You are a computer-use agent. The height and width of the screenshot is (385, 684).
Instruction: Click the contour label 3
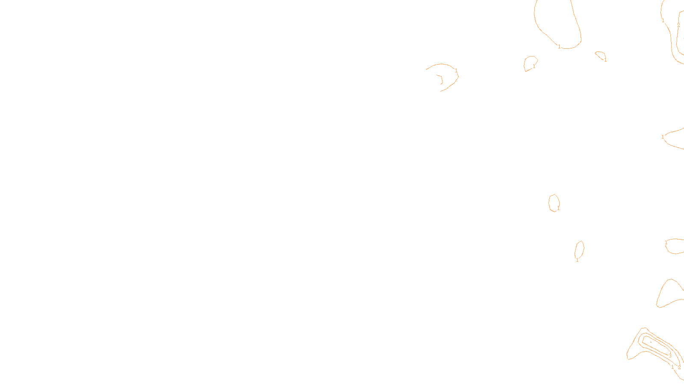coord(670,356)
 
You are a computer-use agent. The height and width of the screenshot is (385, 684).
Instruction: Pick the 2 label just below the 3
coord(679,367)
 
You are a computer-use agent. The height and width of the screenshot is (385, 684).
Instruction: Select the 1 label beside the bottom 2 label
coord(672,367)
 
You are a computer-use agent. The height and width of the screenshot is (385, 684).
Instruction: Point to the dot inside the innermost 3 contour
coord(651,342)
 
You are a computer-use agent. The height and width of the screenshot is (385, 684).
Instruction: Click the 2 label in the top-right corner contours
coord(678,25)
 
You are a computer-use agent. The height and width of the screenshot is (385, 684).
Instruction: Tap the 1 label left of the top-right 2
coord(663,20)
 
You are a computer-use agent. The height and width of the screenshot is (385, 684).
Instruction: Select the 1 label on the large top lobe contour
coord(559,47)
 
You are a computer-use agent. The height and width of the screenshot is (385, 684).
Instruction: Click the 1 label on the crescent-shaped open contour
coord(456,70)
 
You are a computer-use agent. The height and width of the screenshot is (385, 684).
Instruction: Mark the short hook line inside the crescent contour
coord(440,79)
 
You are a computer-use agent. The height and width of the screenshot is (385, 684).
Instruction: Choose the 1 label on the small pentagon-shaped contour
coord(534,66)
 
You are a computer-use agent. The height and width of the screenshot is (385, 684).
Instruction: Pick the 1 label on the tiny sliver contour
coord(605,60)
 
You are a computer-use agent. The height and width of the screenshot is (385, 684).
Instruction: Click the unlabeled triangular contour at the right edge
coord(668,294)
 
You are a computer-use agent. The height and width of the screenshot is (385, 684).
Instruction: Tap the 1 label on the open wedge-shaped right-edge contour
coord(663,137)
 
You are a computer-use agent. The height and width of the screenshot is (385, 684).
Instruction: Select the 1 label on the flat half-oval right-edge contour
coord(666,243)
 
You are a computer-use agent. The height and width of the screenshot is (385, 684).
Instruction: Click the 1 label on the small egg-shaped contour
coord(558,208)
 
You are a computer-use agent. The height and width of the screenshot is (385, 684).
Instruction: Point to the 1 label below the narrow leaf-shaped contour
coord(577,260)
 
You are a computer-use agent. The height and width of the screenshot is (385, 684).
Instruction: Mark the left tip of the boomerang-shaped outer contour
coord(628,357)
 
